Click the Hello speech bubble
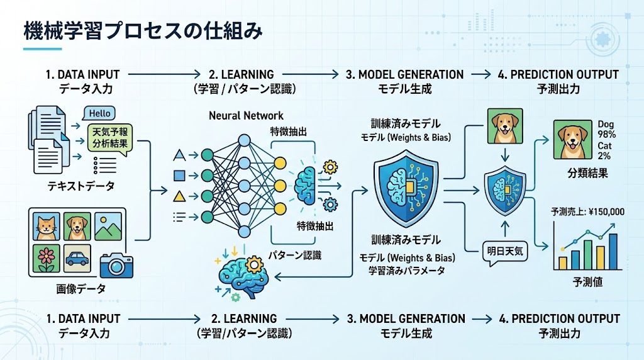click(99, 114)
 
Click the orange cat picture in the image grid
click(45, 227)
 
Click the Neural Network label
click(245, 116)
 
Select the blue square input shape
click(179, 175)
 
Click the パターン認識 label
click(295, 255)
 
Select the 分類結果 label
click(588, 172)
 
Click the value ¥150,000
click(604, 211)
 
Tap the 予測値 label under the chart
click(589, 282)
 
